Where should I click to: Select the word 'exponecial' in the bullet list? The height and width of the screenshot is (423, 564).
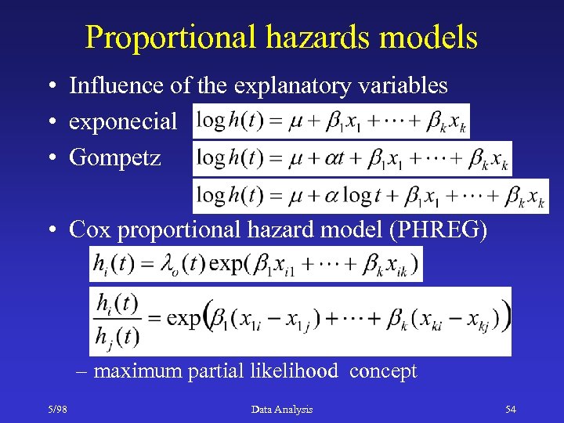click(123, 121)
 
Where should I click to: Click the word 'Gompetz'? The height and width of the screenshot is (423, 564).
click(115, 157)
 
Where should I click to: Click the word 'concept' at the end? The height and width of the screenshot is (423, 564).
click(383, 371)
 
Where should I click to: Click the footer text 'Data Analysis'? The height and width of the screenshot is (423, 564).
click(282, 409)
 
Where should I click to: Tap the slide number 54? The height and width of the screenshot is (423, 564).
click(510, 409)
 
